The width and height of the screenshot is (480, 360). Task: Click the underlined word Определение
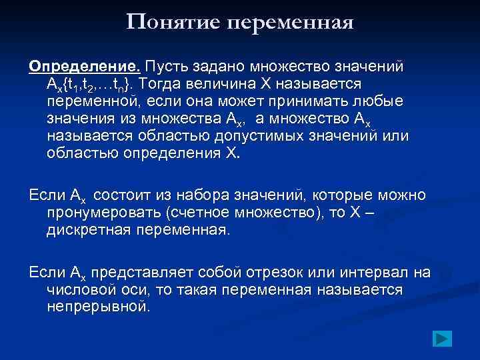click(83, 67)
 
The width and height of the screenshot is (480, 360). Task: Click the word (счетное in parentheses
click(198, 213)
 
